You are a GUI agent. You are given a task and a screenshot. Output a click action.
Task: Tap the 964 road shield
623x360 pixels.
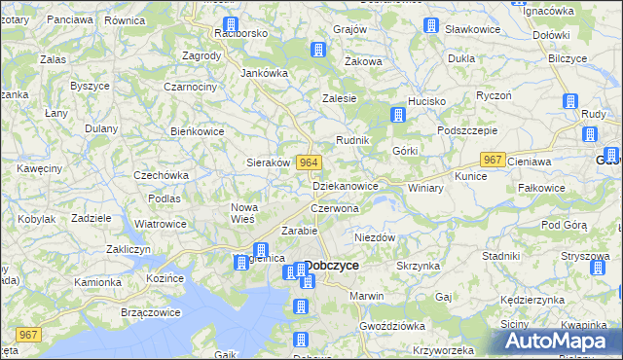309,162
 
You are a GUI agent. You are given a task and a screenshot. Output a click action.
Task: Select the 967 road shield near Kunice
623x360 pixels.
493,161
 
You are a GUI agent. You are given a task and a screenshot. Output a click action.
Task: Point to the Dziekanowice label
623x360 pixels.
346,185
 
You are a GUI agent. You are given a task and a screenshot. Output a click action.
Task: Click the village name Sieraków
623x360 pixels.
269,162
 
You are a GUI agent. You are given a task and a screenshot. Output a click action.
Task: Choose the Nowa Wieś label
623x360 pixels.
243,213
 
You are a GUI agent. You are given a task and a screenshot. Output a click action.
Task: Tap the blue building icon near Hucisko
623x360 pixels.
397,115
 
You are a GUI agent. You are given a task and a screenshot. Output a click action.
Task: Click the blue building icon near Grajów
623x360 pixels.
317,51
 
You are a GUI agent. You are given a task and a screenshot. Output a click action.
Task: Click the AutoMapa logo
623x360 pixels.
558,340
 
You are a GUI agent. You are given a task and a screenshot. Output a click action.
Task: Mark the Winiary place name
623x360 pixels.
426,187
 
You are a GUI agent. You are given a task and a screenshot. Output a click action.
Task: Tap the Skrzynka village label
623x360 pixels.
420,265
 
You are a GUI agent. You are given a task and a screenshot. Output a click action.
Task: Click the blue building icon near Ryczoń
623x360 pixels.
571,101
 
